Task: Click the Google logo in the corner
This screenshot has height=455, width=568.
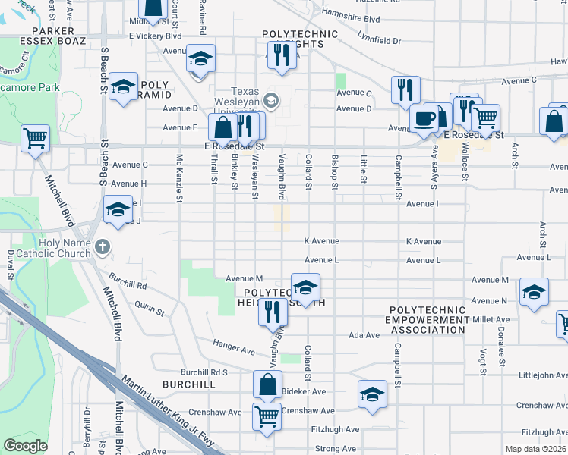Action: (x=26, y=446)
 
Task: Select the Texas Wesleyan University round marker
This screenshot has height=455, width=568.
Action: (x=273, y=100)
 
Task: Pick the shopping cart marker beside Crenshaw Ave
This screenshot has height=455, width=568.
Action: (x=266, y=416)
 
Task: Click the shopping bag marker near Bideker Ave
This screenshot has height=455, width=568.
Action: (x=267, y=384)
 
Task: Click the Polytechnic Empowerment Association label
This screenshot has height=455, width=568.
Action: (x=428, y=320)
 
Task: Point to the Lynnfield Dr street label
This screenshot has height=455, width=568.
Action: (x=384, y=38)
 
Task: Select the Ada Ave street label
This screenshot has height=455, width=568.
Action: (x=363, y=334)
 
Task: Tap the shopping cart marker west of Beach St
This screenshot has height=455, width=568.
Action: (x=35, y=139)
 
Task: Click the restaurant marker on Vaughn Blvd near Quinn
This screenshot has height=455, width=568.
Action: (x=273, y=312)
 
